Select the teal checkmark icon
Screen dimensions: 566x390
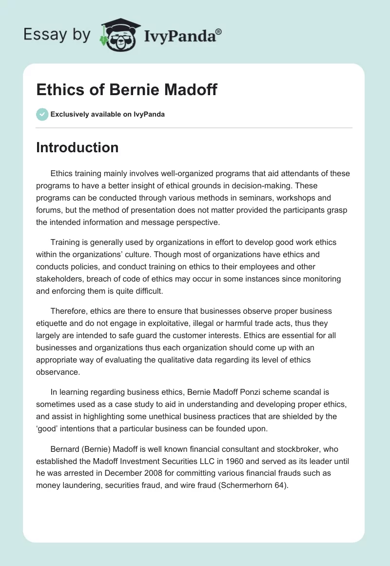42,114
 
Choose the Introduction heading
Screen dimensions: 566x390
77,147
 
